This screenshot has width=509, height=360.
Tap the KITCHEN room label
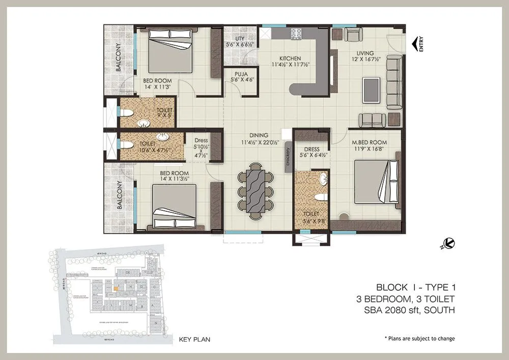pos(290,59)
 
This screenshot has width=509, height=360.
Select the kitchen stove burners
pos(297,34)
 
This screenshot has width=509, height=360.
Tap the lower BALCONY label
pos(118,195)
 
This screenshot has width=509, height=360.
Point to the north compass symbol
pos(448,244)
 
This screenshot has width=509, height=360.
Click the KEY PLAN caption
pos(194,339)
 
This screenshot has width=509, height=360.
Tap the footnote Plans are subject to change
pos(419,339)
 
